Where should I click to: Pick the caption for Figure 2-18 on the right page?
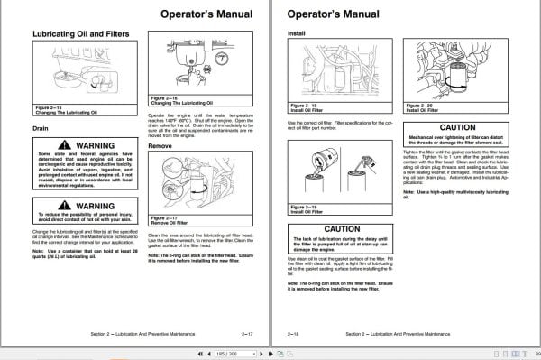tap(305, 108)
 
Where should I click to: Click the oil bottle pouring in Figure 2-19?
tap(312, 159)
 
